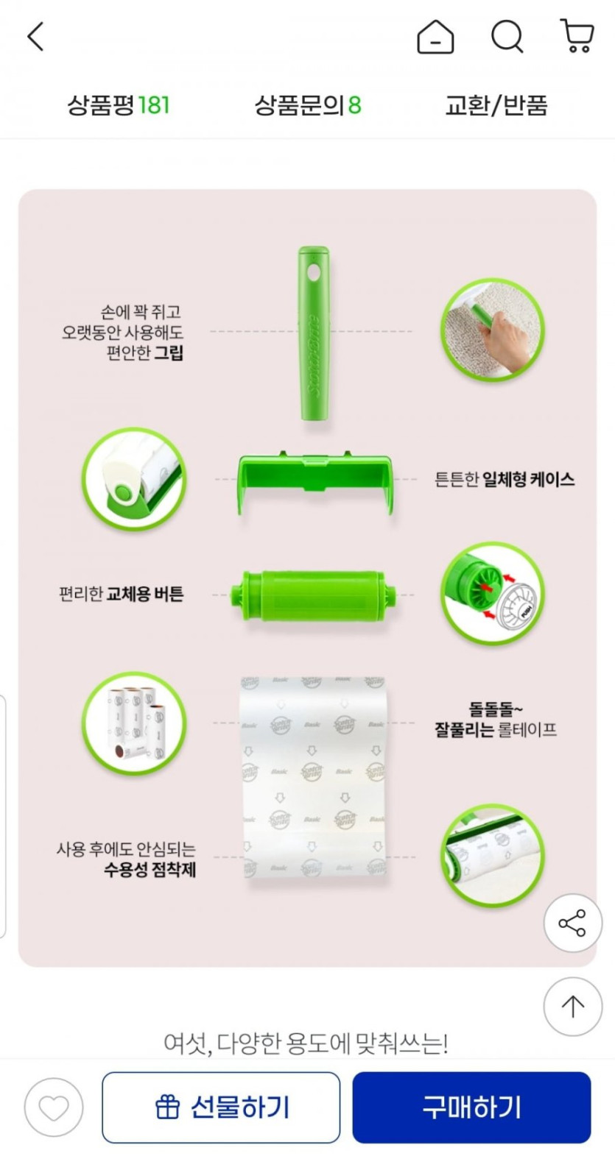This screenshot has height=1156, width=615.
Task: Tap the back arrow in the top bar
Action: point(35,37)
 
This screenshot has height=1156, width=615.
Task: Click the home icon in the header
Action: point(435,37)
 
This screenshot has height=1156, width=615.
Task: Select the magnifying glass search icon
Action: point(507,37)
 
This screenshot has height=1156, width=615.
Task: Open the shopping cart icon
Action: point(577,36)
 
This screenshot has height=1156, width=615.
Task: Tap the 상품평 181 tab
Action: point(119,105)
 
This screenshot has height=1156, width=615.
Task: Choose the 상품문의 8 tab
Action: point(308,105)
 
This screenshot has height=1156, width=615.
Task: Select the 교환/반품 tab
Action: point(496,105)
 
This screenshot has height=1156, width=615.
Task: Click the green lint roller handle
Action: point(314,333)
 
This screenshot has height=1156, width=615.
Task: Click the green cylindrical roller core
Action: point(314,595)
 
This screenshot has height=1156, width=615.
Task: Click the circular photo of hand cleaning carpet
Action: point(493,330)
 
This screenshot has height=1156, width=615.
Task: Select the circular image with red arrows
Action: point(493,594)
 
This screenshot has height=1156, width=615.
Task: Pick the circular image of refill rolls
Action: point(134,723)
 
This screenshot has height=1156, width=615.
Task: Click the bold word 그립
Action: point(169,353)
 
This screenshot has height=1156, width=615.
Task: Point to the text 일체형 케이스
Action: point(528,480)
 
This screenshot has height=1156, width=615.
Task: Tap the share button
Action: point(572,923)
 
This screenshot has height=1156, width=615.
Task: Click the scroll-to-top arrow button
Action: point(572,1006)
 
